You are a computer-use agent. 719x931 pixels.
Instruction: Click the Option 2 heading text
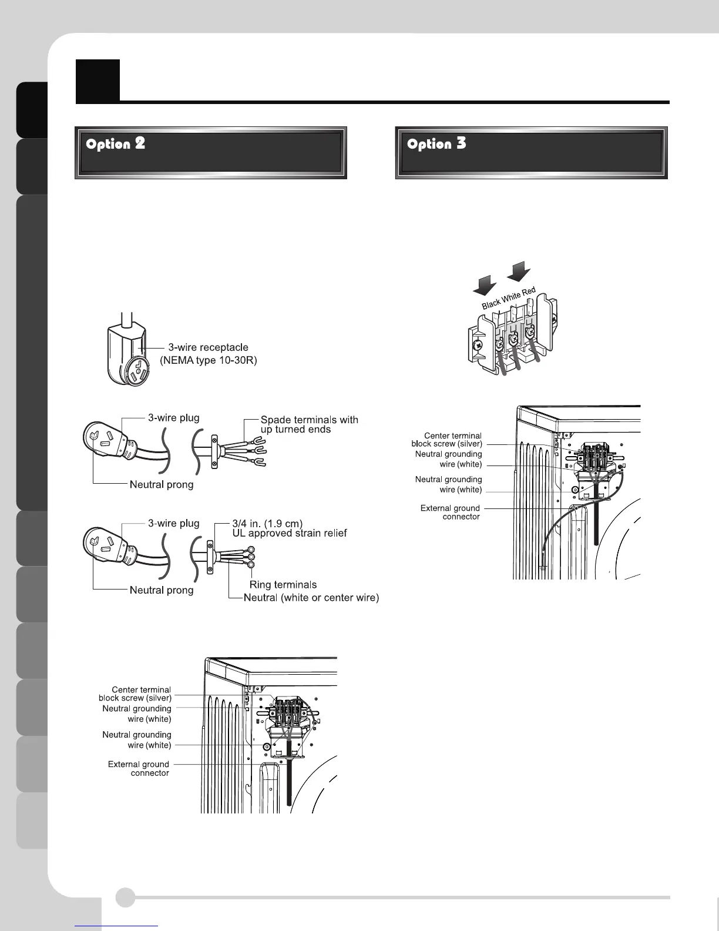(x=116, y=144)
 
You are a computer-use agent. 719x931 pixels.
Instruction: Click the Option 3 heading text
(x=436, y=144)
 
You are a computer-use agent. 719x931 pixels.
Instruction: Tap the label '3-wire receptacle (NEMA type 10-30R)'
(x=209, y=354)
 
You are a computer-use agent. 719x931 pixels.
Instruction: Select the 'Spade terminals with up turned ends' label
(x=309, y=424)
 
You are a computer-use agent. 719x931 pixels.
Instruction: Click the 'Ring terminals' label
(x=283, y=584)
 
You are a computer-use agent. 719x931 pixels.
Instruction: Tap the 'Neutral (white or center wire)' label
(x=311, y=598)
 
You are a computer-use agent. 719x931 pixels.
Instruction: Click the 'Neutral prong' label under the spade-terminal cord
(x=162, y=485)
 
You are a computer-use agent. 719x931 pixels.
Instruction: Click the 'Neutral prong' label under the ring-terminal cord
(x=162, y=590)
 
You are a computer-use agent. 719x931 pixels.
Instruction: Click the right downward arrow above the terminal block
(x=519, y=272)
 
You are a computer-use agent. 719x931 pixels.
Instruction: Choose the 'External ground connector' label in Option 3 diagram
(x=450, y=513)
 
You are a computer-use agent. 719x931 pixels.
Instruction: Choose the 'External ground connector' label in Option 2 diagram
(x=139, y=769)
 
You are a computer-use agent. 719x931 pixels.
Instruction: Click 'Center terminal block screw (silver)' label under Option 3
(x=447, y=440)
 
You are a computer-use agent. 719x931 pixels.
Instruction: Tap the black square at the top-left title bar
(x=98, y=80)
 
